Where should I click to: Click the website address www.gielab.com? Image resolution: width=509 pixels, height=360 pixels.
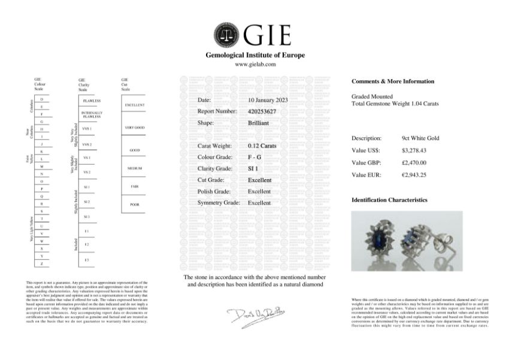click(255, 64)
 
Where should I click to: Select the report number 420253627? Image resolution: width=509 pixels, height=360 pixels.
click(262, 111)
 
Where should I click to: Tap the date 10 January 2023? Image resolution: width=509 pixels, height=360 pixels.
click(268, 100)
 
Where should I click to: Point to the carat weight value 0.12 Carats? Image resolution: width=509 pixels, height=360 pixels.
click(262, 146)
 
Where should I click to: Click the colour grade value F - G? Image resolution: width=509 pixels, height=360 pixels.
click(255, 157)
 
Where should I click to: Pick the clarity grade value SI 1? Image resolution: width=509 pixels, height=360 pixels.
click(253, 169)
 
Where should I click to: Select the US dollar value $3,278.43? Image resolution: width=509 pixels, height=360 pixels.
click(416, 150)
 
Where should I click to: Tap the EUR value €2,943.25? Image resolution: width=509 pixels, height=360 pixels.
click(415, 174)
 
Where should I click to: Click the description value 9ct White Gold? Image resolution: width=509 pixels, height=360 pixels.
click(420, 138)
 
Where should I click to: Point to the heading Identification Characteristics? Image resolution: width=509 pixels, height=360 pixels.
click(389, 199)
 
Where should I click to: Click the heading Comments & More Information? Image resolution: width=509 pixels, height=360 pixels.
click(392, 81)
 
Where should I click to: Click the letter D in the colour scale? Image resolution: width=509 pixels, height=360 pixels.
click(41, 98)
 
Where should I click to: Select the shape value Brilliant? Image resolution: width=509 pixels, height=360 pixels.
click(258, 123)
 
